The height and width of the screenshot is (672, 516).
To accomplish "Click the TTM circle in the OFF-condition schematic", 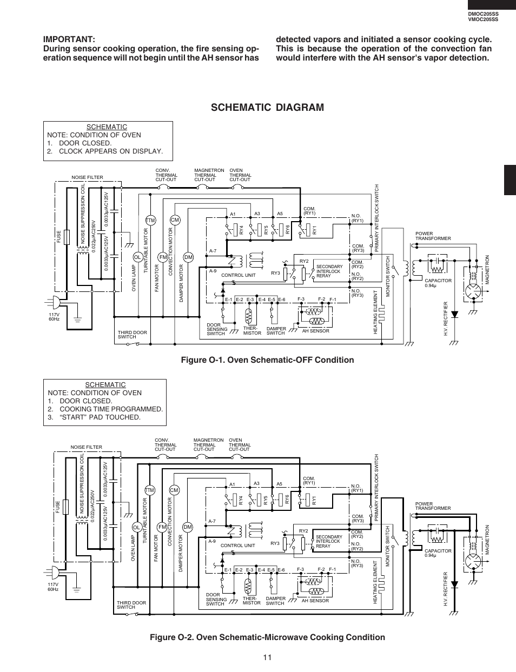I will click(x=151, y=220).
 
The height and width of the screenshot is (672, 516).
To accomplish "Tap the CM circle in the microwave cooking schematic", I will click(x=174, y=490).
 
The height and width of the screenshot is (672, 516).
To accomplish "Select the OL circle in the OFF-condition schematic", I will click(x=137, y=257).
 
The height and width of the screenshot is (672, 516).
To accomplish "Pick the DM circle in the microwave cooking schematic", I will click(x=188, y=527).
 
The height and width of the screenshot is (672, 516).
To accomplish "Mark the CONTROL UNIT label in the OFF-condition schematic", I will click(x=238, y=275).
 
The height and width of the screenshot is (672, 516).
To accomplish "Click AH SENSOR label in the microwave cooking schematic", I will click(x=315, y=601).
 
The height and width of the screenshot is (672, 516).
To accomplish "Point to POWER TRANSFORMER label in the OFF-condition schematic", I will click(x=433, y=236).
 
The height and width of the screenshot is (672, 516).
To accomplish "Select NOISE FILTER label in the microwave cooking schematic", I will click(x=87, y=447).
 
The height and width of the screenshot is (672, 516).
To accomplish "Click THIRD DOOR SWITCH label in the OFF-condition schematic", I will click(x=133, y=335).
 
